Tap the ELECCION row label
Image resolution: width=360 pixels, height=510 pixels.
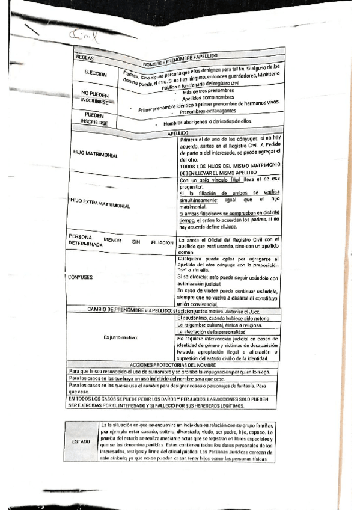(94, 75)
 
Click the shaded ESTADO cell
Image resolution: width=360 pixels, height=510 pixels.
(81, 441)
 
